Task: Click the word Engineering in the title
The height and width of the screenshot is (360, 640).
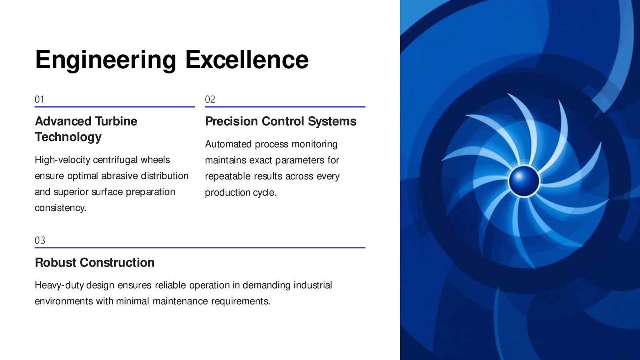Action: (106, 60)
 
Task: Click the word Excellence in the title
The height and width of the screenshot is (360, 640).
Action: (247, 60)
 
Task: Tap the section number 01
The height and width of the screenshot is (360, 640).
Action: (40, 100)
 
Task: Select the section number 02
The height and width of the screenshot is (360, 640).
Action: (210, 100)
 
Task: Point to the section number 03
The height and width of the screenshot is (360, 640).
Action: (40, 240)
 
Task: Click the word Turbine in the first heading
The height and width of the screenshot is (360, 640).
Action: (116, 121)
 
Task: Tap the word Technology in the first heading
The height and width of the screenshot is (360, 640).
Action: (68, 137)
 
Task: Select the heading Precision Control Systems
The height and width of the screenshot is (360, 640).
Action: (280, 122)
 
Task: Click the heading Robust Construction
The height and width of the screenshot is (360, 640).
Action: (94, 262)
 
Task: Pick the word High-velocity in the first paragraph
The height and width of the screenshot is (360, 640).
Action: (62, 160)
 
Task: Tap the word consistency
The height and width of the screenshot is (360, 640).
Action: (60, 208)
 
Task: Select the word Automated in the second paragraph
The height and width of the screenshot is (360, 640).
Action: (228, 144)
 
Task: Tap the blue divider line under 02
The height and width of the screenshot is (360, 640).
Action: (285, 107)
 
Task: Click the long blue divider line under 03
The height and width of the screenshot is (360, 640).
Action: (200, 248)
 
